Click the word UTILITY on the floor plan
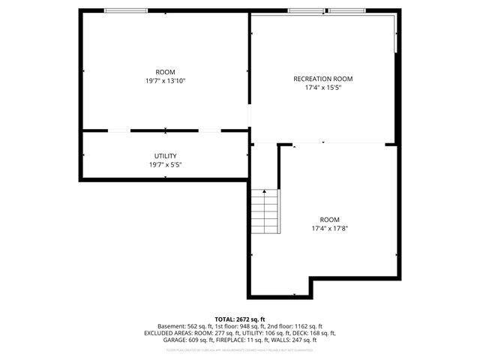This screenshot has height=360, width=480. tap(165, 156)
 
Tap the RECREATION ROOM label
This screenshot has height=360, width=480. tap(322, 79)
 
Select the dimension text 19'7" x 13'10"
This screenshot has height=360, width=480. tap(165, 80)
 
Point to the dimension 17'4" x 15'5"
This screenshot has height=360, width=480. tap(322, 88)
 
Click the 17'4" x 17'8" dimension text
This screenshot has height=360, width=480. tap(329, 228)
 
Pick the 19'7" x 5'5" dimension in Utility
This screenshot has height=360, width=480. tap(165, 164)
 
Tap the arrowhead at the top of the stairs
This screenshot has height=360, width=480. tap(264, 192)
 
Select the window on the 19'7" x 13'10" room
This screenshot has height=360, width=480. tap(125, 10)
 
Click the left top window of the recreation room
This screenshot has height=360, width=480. tap(306, 10)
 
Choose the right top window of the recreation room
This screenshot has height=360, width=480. tap(346, 10)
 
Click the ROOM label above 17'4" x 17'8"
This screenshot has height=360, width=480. tap(329, 220)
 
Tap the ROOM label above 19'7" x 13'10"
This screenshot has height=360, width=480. tap(165, 72)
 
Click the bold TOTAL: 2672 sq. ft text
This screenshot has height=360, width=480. tap(240, 319)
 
